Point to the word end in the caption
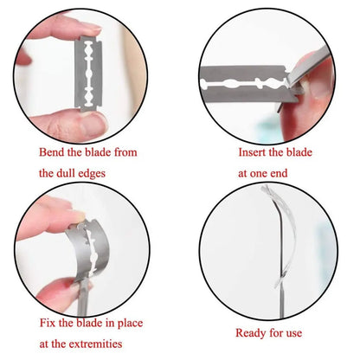pos(280,173)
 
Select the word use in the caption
pos(294,333)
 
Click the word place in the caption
pos(130,324)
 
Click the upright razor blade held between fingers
pos(88,74)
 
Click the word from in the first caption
pos(125,152)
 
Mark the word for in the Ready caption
pos(276,333)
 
